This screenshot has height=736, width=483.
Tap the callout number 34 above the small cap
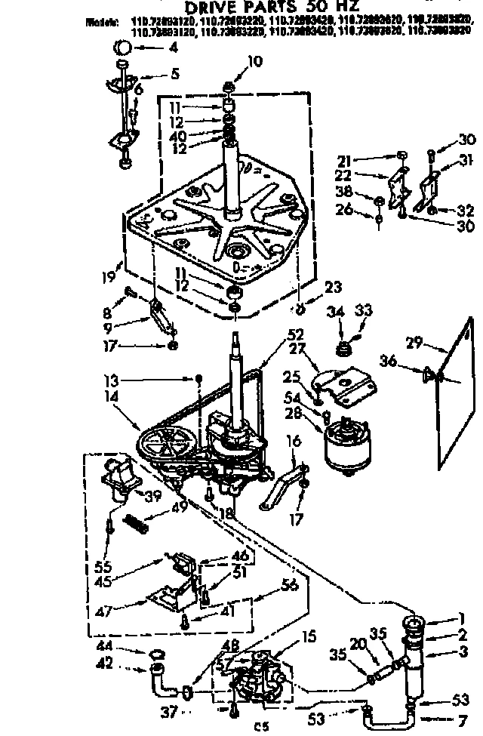(x=334, y=312)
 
